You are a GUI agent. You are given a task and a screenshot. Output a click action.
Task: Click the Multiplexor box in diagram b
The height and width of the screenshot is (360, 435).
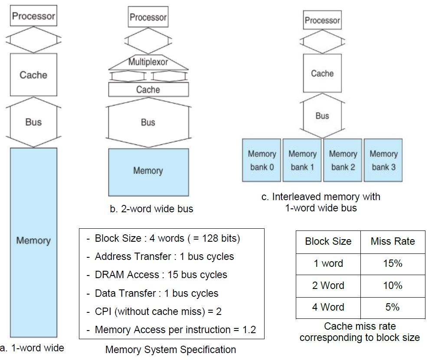(148, 62)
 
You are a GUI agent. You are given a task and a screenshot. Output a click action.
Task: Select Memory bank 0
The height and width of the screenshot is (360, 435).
(262, 160)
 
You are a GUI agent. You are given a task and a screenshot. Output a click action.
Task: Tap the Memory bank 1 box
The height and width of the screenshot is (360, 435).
(302, 160)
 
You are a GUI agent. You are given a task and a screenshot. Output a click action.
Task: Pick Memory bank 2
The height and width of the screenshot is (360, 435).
(343, 160)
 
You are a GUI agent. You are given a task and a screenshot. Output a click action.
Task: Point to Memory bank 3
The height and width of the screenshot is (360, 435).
(383, 160)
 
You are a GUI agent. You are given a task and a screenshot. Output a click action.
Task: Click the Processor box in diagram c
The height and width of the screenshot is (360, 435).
(322, 20)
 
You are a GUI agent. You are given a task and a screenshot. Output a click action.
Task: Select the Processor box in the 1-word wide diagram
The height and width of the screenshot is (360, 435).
(33, 16)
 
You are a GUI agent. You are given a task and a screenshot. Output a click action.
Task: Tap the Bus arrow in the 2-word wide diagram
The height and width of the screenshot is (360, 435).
(148, 123)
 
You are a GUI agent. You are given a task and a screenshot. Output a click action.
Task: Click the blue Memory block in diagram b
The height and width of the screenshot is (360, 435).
(148, 171)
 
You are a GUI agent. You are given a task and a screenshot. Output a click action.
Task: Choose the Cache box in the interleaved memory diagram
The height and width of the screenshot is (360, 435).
(322, 74)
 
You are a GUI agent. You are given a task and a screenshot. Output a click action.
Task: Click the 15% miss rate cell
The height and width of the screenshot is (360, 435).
(392, 263)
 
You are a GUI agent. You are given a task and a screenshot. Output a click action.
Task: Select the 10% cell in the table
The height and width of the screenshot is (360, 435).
(392, 285)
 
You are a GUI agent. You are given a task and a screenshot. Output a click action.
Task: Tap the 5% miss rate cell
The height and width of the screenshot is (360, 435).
(392, 307)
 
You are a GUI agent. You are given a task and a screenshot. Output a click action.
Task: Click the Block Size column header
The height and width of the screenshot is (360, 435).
(328, 241)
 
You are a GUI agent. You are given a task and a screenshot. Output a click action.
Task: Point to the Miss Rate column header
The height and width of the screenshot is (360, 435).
(392, 241)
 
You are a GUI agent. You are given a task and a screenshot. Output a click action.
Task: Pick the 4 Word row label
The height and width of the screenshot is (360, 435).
(328, 307)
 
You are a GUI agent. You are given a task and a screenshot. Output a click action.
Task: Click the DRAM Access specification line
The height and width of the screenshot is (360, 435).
(161, 275)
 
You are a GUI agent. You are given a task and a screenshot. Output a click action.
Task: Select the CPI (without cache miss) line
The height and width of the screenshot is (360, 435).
(158, 311)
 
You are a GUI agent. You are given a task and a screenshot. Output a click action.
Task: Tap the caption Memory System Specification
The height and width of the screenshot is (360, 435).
(171, 350)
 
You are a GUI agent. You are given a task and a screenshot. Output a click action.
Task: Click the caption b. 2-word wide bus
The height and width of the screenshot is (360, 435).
(151, 209)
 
